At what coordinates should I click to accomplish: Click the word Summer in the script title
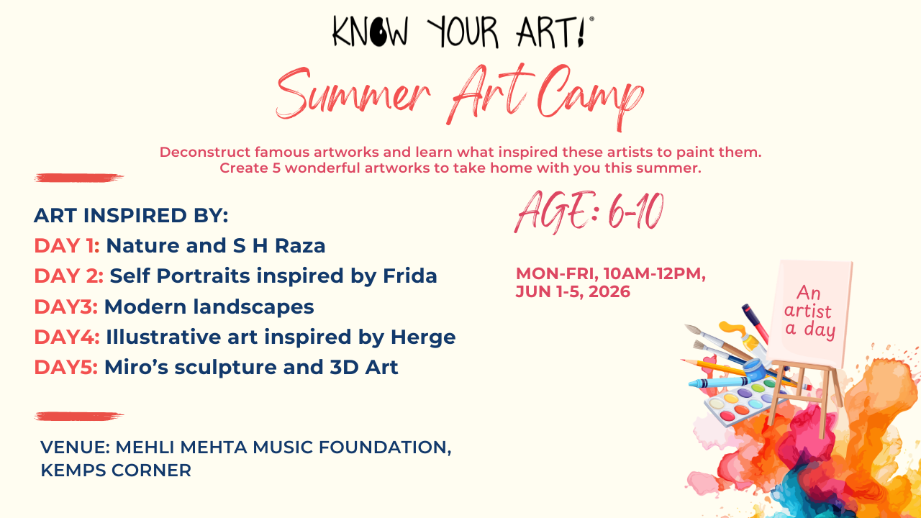pyautogui.click(x=353, y=94)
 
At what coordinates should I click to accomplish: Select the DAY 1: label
pyautogui.click(x=67, y=245)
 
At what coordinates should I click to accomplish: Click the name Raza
pyautogui.click(x=300, y=245)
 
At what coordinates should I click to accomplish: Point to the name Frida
pyautogui.click(x=410, y=276)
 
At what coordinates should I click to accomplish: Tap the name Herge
pyautogui.click(x=423, y=337)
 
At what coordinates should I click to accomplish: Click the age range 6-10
pyautogui.click(x=635, y=212)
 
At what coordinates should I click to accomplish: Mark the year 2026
pyautogui.click(x=609, y=291)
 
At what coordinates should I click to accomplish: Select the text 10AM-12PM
pyautogui.click(x=655, y=273)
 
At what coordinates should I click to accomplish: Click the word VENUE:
pyautogui.click(x=76, y=447)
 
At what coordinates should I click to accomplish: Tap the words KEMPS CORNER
pyautogui.click(x=116, y=471)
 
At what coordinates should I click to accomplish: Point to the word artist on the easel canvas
pyautogui.click(x=807, y=311)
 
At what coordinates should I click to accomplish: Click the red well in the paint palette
pyautogui.click(x=727, y=416)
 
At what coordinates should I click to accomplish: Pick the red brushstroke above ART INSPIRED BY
pyautogui.click(x=79, y=178)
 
